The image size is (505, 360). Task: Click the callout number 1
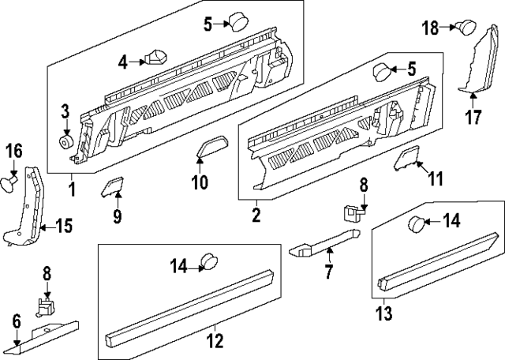(x=72, y=189)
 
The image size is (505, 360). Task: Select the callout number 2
(x=256, y=212)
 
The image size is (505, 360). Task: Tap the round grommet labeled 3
(x=65, y=142)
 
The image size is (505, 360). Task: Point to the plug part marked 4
(x=158, y=58)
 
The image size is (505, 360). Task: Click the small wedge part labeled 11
(x=406, y=160)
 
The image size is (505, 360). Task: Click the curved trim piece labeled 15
(x=27, y=207)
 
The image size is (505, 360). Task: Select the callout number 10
(x=199, y=183)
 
